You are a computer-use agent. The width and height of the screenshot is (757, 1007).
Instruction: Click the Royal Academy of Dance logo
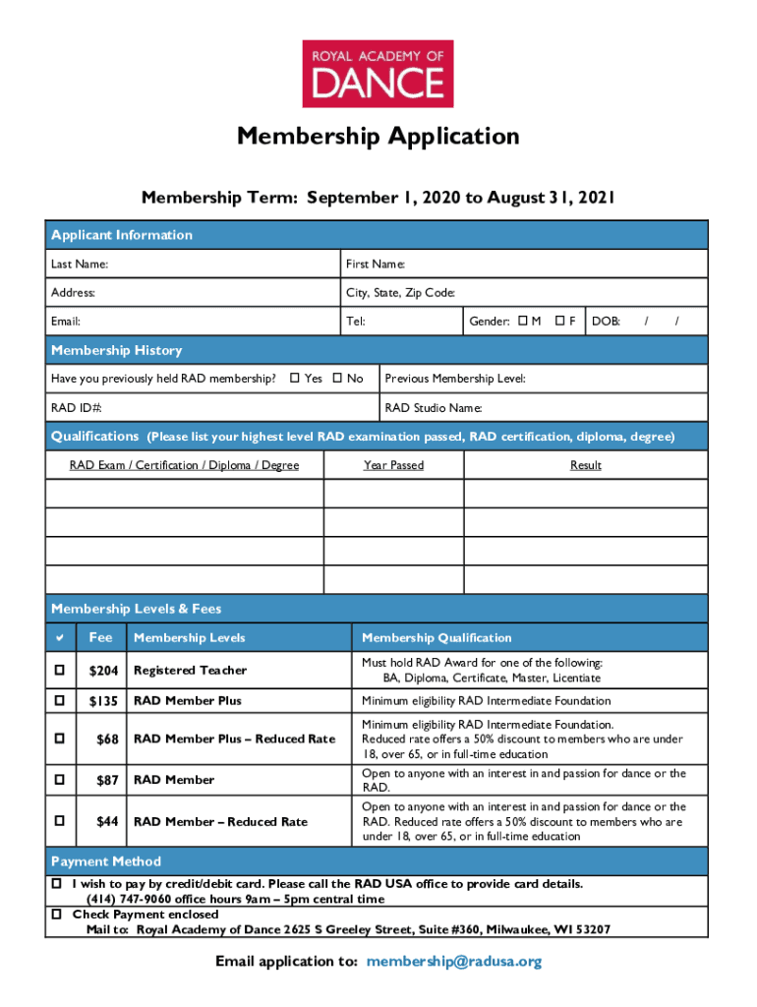(378, 74)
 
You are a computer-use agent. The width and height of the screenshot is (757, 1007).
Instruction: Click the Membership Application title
(378, 136)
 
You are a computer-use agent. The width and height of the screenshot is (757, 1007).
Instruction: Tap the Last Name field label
(80, 265)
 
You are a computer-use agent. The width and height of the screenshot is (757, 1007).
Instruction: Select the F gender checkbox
(558, 321)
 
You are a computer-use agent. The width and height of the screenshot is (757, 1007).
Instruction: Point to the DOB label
(606, 322)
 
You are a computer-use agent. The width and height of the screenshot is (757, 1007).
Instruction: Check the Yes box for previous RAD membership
(295, 379)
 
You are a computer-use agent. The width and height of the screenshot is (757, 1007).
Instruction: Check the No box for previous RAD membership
(336, 379)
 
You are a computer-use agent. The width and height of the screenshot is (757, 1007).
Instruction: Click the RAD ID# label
(77, 408)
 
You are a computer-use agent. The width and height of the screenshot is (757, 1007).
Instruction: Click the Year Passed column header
(393, 465)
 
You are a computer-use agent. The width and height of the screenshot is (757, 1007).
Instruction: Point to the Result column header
(585, 465)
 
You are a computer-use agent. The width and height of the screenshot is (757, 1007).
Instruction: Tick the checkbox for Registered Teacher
(60, 670)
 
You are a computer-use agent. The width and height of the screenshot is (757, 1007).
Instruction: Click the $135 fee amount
(103, 701)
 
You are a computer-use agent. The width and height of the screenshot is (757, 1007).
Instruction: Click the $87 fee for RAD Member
(107, 780)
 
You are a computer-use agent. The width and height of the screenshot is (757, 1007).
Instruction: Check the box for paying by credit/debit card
(57, 884)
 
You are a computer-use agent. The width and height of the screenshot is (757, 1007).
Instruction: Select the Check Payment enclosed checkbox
(57, 915)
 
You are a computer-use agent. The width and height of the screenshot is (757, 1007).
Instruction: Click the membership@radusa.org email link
(453, 962)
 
